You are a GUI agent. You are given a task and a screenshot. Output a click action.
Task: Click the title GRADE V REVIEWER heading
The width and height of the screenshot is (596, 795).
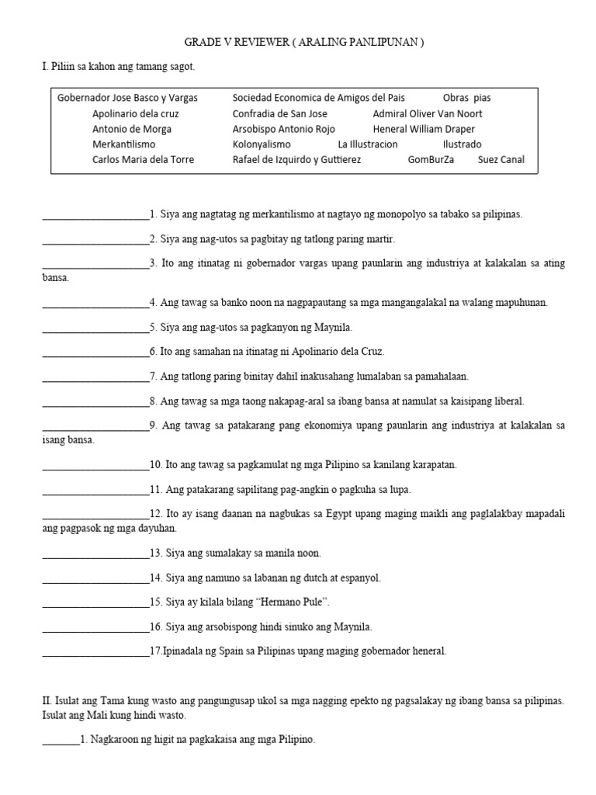[303, 43]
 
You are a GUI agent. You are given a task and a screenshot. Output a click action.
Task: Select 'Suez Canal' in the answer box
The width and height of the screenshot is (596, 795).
[501, 160]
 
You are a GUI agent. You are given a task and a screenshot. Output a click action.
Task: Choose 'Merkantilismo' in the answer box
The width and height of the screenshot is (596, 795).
[123, 144]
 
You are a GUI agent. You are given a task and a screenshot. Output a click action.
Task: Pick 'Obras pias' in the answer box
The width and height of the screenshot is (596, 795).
[466, 98]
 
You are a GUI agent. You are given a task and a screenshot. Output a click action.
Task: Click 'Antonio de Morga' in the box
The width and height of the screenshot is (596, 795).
[132, 129]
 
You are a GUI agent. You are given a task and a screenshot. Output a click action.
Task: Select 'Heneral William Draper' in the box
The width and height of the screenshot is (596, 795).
[424, 129]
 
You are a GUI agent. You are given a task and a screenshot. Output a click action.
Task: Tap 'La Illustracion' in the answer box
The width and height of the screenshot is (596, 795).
[368, 144]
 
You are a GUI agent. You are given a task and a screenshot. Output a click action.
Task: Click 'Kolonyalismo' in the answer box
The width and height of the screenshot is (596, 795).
[262, 144]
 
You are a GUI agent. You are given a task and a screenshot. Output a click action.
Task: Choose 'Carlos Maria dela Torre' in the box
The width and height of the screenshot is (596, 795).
[143, 160]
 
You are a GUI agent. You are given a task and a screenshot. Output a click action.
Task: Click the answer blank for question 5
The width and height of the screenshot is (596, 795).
[95, 327]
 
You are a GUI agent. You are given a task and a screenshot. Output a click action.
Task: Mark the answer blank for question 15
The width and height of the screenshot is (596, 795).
[95, 602]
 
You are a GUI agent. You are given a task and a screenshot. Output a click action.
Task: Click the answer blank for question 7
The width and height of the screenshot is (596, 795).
[95, 377]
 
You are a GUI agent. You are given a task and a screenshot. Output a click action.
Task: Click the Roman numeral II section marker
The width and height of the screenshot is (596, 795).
[46, 700]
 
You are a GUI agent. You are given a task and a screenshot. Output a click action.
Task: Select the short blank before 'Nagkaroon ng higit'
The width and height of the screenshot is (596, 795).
[61, 741]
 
